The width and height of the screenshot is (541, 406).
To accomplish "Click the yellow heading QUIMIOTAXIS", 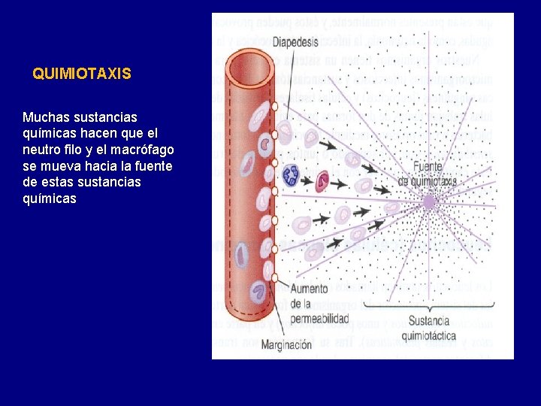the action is (x=82, y=74).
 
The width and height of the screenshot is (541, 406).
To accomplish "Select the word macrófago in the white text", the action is (x=145, y=150).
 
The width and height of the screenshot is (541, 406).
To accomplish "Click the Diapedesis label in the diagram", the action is (x=295, y=42).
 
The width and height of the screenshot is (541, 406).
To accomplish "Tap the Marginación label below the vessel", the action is (x=286, y=344).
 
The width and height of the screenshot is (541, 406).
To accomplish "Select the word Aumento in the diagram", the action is (x=309, y=289).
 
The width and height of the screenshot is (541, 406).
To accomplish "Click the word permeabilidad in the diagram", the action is (x=319, y=318).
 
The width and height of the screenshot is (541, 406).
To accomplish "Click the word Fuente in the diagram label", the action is (x=428, y=167).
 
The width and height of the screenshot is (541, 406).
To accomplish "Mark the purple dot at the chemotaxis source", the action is (x=429, y=201).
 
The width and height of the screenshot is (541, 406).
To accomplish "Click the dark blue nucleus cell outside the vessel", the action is (x=291, y=175).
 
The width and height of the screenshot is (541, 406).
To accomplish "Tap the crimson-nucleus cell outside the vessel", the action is (x=323, y=180).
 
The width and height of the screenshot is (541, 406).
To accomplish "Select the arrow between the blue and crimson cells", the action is (x=307, y=177).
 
